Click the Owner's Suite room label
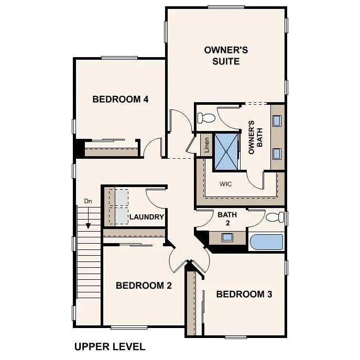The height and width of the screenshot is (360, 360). (225, 56)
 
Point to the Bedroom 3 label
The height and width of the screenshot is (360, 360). (244, 294)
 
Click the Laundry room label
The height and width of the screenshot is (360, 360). (147, 217)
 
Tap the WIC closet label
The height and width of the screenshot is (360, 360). (225, 184)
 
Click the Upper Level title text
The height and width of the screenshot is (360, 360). (110, 346)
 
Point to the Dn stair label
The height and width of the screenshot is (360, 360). (88, 201)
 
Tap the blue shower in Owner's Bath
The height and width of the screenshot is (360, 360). (226, 151)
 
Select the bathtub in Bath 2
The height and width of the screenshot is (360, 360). (266, 242)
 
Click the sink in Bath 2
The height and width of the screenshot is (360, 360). (227, 237)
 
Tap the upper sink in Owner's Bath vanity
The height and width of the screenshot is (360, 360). (277, 120)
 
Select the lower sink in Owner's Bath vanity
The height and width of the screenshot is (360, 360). (277, 154)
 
